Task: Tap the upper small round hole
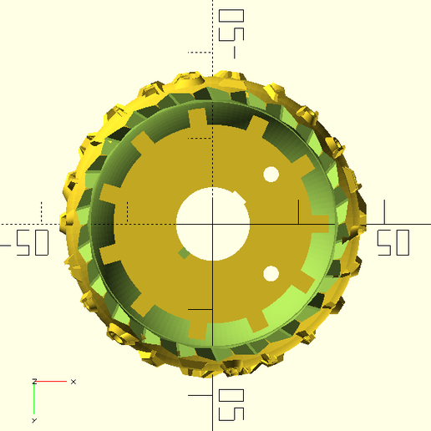tap(271, 174)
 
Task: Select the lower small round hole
tap(271, 273)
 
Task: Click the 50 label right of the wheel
tap(393, 242)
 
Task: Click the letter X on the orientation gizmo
tap(74, 382)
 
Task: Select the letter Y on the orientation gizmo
tap(34, 420)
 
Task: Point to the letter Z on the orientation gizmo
tap(34, 380)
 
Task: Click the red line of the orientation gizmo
tap(52, 382)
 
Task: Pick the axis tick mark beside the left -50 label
tap(41, 212)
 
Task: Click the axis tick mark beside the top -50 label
tap(200, 52)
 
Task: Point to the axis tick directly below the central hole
tap(200, 309)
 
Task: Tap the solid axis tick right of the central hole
tap(298, 212)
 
